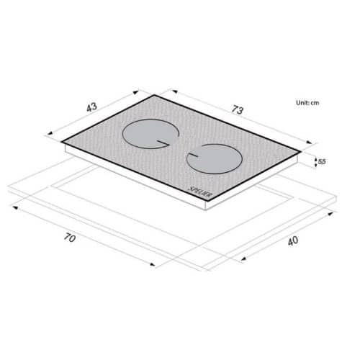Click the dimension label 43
(92, 107)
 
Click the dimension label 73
(238, 110)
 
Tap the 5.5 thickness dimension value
(322, 162)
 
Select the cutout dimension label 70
(70, 238)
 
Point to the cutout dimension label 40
(293, 241)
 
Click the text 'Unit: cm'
(307, 103)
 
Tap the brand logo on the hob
(200, 192)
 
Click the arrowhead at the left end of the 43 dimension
(50, 134)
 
